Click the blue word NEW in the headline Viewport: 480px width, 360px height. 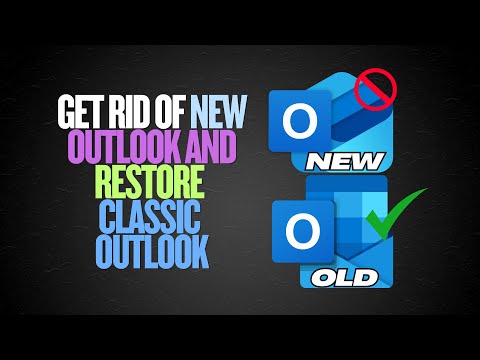(228, 106)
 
